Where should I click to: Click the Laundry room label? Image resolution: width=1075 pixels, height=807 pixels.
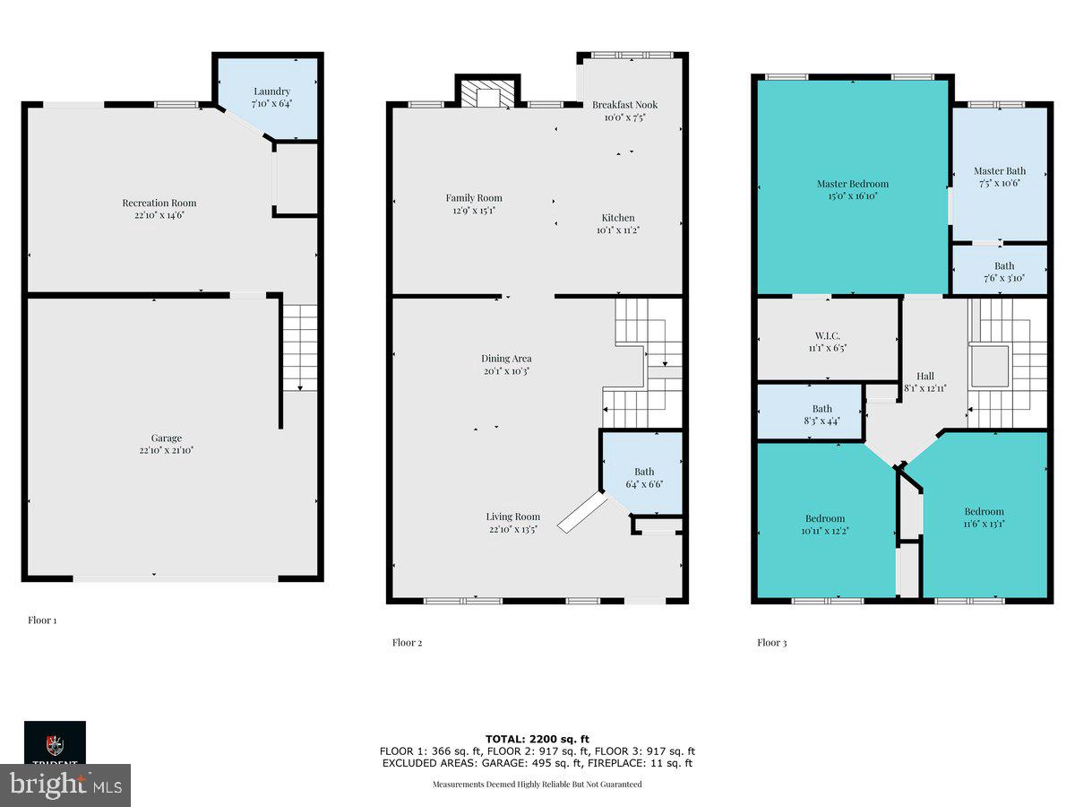(271, 91)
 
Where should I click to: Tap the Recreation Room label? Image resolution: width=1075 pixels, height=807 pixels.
(159, 203)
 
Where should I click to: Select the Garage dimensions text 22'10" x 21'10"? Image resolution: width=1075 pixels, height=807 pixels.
(159, 450)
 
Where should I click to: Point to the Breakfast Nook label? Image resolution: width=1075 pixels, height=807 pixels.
(624, 105)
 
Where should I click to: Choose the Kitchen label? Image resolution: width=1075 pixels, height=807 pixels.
(618, 218)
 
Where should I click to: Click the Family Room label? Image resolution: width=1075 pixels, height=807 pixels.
(474, 198)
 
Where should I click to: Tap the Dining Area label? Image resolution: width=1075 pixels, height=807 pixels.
(506, 359)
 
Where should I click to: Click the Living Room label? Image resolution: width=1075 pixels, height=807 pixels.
(512, 516)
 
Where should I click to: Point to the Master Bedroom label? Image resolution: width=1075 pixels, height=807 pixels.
(852, 184)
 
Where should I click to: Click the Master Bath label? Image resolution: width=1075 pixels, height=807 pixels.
(1000, 171)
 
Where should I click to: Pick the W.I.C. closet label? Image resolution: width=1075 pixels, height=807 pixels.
(828, 335)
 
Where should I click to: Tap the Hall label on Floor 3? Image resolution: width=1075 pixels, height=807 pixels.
(924, 377)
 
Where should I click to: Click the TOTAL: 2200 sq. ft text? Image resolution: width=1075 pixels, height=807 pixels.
(537, 738)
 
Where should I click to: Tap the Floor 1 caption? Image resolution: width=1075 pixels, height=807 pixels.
(42, 620)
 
